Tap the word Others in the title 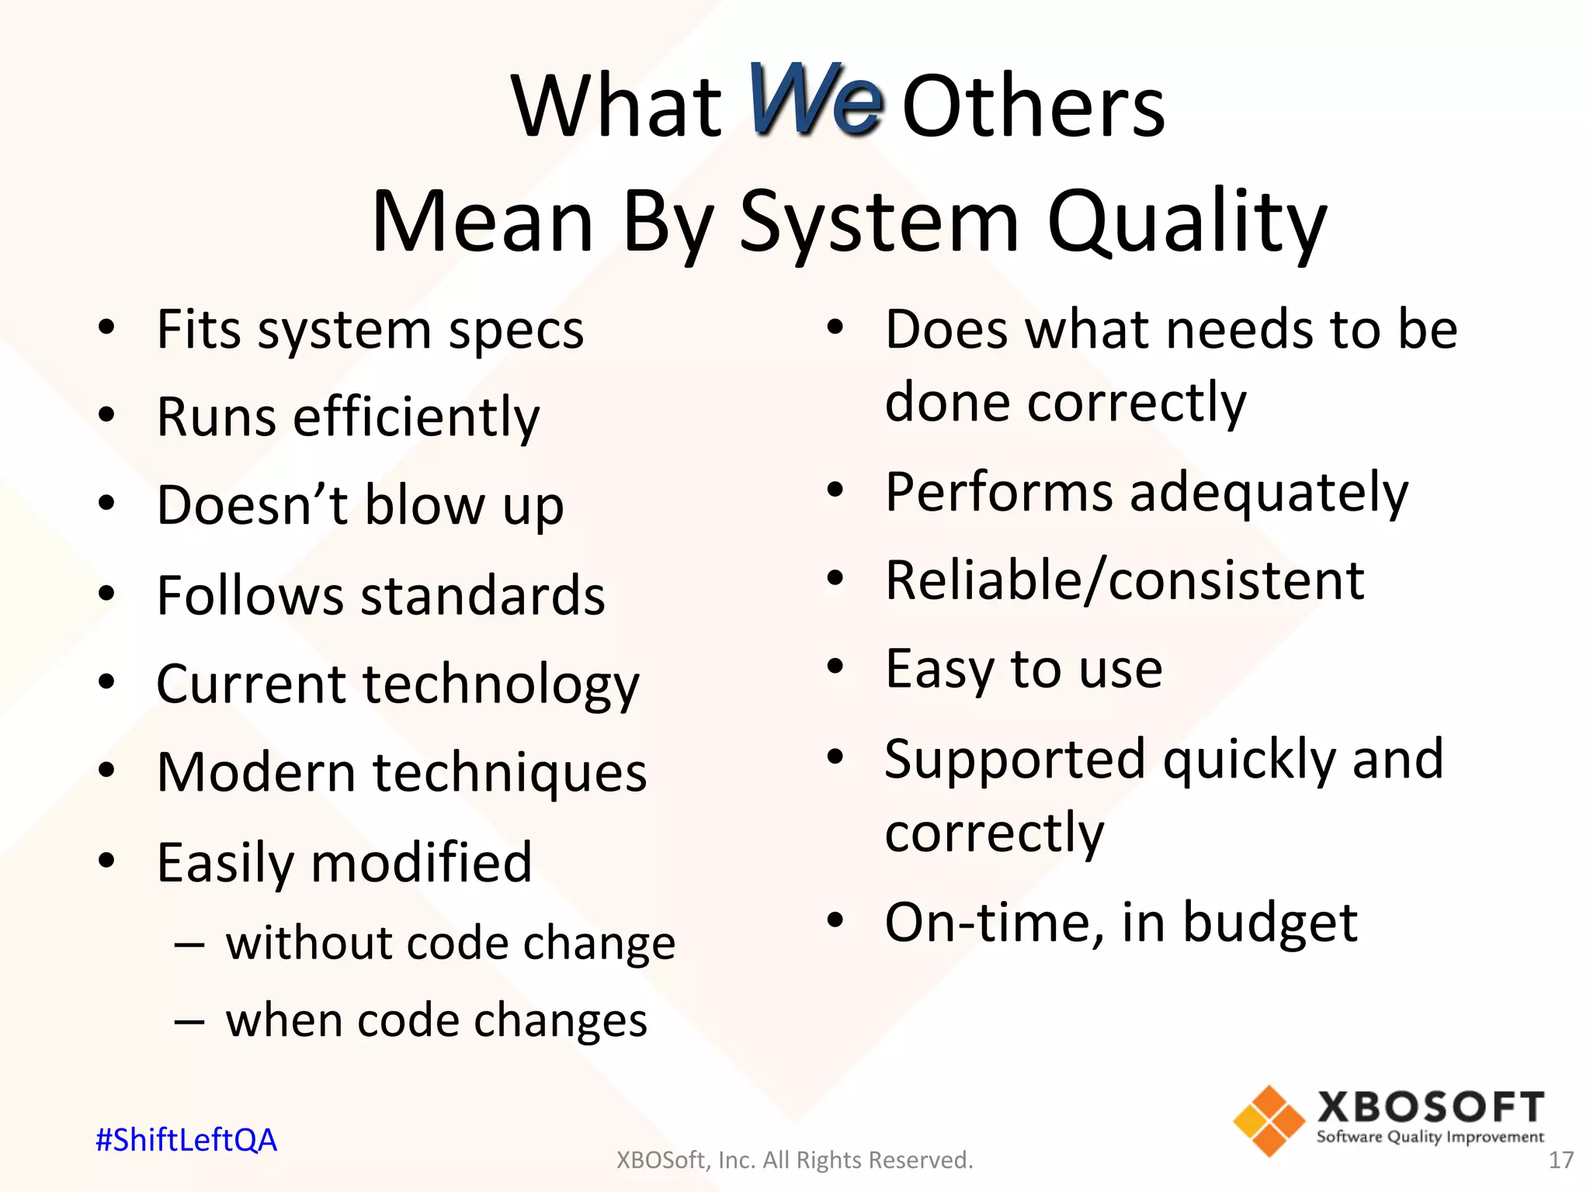(1033, 106)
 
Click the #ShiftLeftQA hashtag (186, 1140)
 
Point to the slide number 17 (1560, 1160)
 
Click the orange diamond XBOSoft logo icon (1269, 1121)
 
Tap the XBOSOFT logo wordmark (1430, 1107)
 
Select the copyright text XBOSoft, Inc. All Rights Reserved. (794, 1160)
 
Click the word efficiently (416, 418)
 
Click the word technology (501, 685)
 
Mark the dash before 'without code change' (189, 944)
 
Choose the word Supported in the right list (1015, 759)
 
